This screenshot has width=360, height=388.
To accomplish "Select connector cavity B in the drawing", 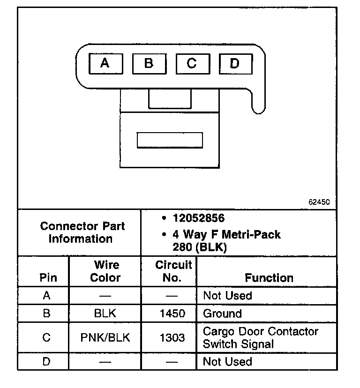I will (x=149, y=63).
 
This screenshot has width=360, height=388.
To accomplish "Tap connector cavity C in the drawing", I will (x=192, y=63).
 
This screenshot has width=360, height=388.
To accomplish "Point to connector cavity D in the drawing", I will (x=235, y=63).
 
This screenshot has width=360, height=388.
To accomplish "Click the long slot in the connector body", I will (x=169, y=140).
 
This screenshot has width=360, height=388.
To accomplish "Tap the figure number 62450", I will (x=319, y=202).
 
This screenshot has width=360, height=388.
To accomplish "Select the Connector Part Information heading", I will (x=82, y=232).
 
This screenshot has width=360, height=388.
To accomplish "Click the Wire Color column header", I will (x=105, y=271).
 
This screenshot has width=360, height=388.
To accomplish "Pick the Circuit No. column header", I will (x=173, y=271).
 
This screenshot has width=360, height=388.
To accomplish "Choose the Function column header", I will (x=269, y=278).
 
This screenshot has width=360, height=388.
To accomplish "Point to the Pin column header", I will (x=48, y=277).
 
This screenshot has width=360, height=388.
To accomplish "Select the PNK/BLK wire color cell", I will (x=105, y=337).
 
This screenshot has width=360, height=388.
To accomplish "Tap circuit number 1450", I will (x=172, y=313).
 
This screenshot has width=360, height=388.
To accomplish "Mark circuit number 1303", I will (x=172, y=337).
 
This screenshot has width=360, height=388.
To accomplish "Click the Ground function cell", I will (x=222, y=313).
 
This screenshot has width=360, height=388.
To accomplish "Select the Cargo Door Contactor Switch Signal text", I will (x=260, y=337).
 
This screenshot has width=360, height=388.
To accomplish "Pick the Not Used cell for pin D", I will (x=227, y=362).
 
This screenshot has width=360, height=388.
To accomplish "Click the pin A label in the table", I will (x=46, y=296).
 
